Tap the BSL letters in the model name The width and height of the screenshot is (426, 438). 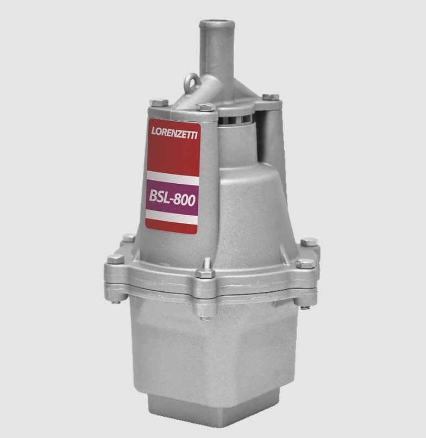point(160,196)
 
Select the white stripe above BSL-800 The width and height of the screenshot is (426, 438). point(173,178)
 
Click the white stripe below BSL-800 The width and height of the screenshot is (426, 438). point(171,217)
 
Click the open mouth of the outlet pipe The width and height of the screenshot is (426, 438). point(216,23)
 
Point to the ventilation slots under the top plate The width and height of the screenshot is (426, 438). point(234,120)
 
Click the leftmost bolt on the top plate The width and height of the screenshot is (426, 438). point(159,102)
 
